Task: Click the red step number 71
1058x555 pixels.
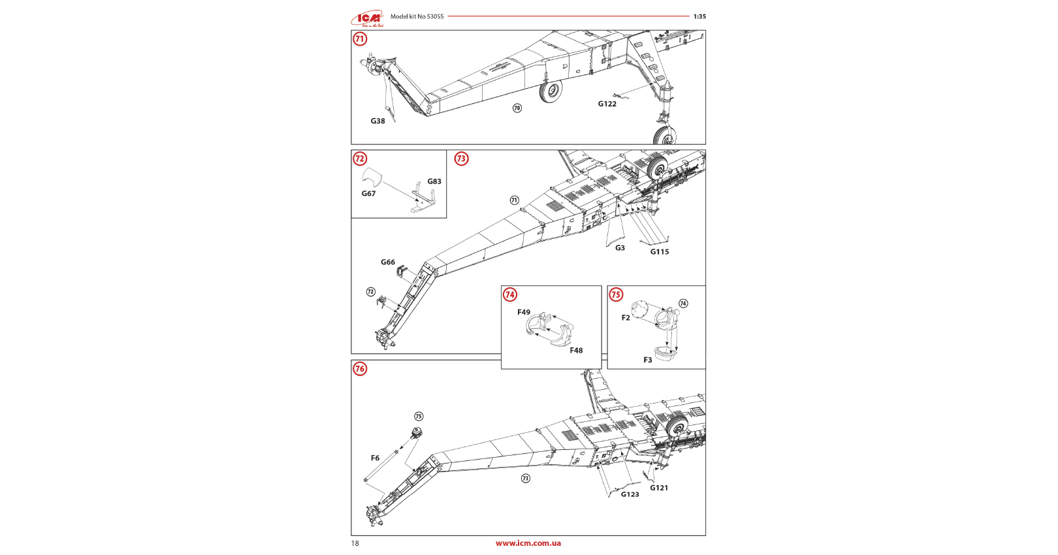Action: coord(360,39)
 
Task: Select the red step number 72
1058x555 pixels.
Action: coord(360,159)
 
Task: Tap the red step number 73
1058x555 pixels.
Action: coord(461,159)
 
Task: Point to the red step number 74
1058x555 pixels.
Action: coord(510,294)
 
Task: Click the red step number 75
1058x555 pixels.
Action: coord(616,294)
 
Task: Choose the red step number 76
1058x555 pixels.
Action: coord(360,369)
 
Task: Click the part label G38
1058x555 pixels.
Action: coord(377,121)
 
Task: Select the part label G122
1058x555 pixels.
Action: coord(607,104)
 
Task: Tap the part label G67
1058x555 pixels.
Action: coord(368,194)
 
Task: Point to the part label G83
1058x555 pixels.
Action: coord(434,182)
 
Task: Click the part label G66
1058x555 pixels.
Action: coord(388,262)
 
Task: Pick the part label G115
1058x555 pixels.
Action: coord(659,252)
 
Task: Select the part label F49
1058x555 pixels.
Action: coord(524,313)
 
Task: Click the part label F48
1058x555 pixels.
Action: coord(576,351)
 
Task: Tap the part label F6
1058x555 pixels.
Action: coord(375,458)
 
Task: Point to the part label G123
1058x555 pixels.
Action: coord(630,495)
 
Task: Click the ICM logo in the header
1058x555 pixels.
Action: coord(368,18)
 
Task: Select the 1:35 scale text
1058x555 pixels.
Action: coord(699,16)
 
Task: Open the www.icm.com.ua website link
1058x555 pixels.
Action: coord(528,543)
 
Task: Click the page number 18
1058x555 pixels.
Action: coord(355,543)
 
